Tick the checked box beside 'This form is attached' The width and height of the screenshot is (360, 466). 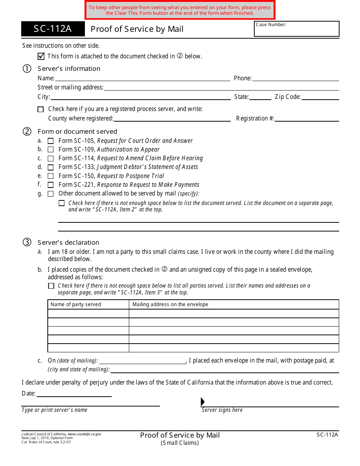coord(41,56)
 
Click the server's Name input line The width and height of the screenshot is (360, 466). coord(142,78)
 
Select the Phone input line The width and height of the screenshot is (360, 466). coord(295,78)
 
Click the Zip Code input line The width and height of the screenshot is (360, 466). coord(320,97)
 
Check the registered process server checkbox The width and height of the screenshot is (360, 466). coord(41,109)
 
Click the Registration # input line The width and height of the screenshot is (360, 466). coord(307,118)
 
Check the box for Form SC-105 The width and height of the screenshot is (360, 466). coord(50,141)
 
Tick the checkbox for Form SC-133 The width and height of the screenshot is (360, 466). coord(50,167)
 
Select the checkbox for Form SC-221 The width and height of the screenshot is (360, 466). coord(50,185)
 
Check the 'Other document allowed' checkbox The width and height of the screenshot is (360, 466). coord(50,194)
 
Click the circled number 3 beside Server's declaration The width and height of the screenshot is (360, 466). coord(27,242)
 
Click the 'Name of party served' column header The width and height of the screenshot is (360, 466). coord(76,304)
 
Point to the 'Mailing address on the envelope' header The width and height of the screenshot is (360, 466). coord(170,304)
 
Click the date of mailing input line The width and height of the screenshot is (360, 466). coord(142,361)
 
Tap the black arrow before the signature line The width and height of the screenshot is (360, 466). coord(203,402)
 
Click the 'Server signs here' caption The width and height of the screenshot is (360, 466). coord(222,410)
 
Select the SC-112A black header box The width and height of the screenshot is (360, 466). coord(53,29)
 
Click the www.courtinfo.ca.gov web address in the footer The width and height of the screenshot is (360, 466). coord(85,434)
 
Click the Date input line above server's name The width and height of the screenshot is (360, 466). coord(74,394)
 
